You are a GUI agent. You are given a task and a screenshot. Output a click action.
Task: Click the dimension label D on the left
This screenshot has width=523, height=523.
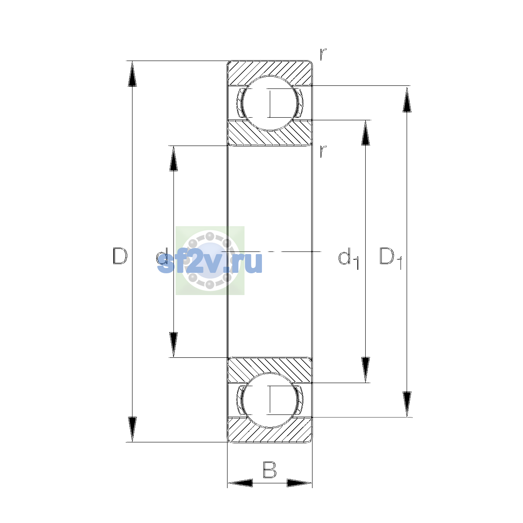[120, 256]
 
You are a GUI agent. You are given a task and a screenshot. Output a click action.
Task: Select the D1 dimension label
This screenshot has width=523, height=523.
[391, 258]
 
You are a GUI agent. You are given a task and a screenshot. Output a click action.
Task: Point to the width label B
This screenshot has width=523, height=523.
[269, 469]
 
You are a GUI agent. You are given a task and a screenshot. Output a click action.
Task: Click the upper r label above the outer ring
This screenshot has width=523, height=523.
[323, 54]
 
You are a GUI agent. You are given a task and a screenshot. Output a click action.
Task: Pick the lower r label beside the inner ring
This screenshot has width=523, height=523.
[323, 151]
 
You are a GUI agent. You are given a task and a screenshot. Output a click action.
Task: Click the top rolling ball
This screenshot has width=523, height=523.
[269, 103]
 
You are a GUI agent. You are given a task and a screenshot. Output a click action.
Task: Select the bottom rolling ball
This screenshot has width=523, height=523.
[269, 401]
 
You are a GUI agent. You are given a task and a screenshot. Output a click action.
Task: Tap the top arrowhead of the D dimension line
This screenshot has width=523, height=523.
[132, 74]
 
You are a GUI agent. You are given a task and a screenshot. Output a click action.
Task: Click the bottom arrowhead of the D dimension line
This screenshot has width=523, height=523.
[132, 429]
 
